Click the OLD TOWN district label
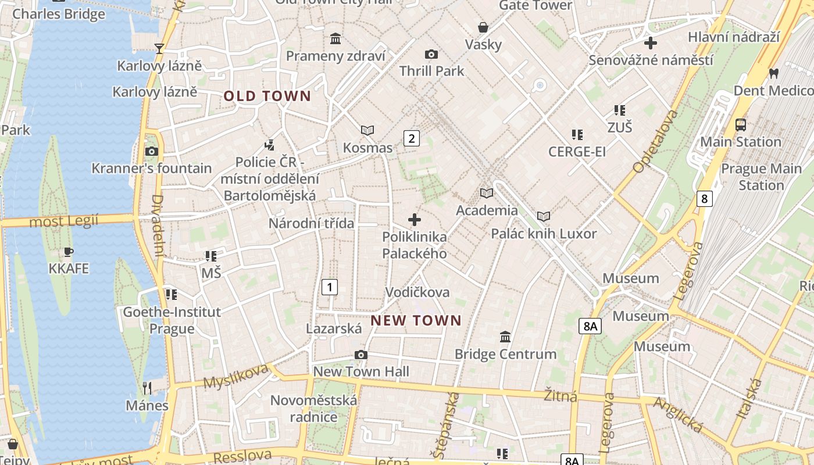[x=267, y=96]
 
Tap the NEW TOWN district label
[x=416, y=320]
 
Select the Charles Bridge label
[x=59, y=14]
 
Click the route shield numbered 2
[x=412, y=138]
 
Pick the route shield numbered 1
[x=330, y=287]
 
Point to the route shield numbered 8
[x=705, y=199]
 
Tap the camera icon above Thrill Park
[x=431, y=54]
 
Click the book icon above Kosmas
[x=367, y=130]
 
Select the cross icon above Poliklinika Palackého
[x=415, y=219]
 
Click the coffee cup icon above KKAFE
[x=69, y=252]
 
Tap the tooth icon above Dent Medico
[x=773, y=73]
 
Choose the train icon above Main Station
[x=741, y=124]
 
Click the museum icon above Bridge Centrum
[x=505, y=337]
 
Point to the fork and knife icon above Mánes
[x=147, y=388]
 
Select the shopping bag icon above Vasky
[x=483, y=27]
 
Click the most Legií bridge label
[x=64, y=221]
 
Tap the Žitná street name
[x=560, y=396]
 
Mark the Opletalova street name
[x=655, y=141]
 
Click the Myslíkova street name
[x=235, y=376]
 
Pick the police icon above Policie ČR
[x=269, y=144]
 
